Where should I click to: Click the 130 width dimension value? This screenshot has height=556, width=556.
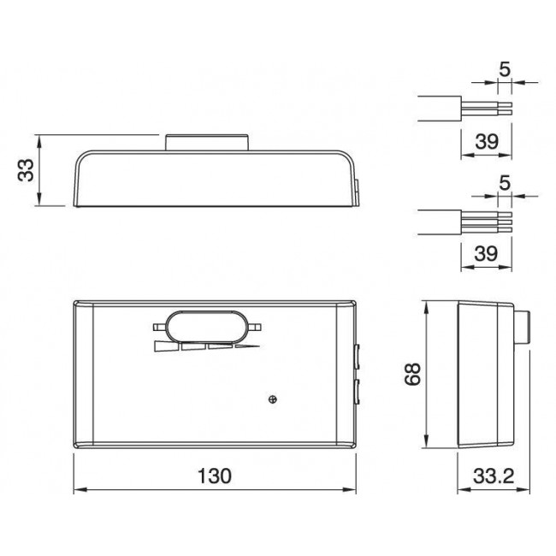click(x=213, y=476)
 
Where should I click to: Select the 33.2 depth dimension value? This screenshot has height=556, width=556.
click(x=485, y=476)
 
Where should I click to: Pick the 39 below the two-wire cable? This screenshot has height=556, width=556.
click(x=486, y=143)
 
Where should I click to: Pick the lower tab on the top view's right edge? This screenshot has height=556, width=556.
click(x=357, y=393)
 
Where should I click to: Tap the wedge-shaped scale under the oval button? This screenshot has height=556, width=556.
click(x=205, y=347)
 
